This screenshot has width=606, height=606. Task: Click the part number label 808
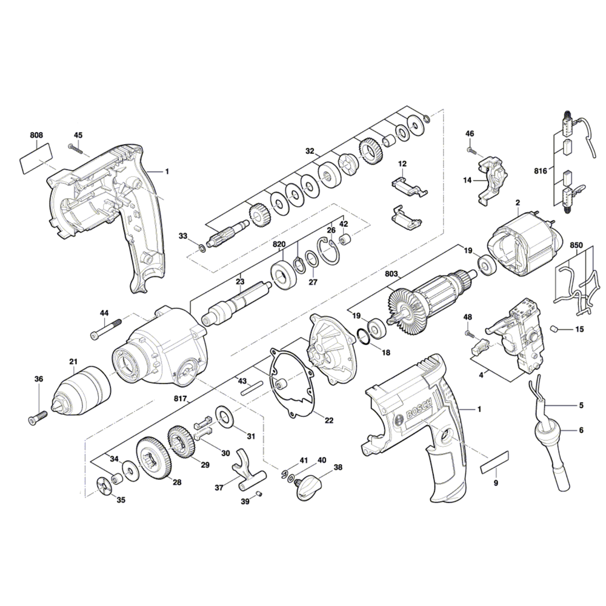click(36, 135)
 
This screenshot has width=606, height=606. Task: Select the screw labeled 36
click(37, 417)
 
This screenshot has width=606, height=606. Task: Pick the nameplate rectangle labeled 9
click(496, 464)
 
